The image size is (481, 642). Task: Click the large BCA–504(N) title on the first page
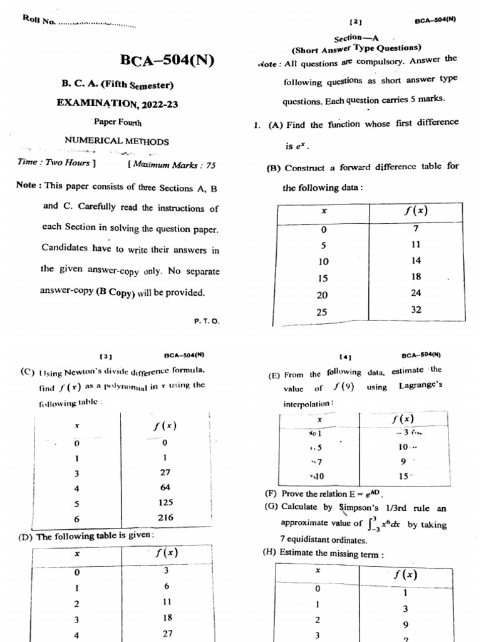167,61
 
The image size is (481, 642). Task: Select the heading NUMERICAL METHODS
117,141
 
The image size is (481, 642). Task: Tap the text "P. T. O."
207,320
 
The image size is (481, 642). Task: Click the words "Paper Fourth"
118,122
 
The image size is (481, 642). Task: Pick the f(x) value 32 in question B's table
416,309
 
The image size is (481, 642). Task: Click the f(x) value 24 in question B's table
416,293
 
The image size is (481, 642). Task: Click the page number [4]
344,355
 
